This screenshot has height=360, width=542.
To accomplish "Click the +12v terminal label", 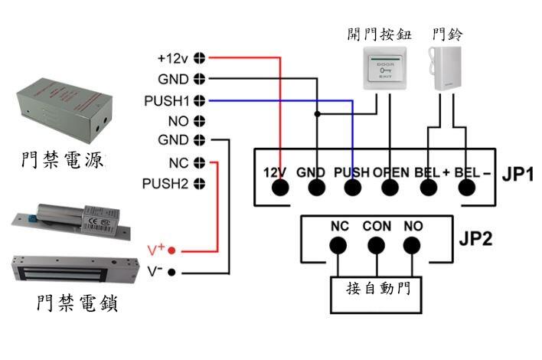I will click(x=174, y=57).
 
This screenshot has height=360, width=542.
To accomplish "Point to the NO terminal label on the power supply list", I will click(x=177, y=121).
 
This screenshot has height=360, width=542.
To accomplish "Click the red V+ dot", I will click(x=172, y=250).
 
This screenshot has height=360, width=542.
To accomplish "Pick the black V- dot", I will click(x=172, y=272).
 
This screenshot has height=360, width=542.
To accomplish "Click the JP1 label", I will click(x=518, y=173).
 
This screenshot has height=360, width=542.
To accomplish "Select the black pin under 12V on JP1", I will click(x=279, y=189).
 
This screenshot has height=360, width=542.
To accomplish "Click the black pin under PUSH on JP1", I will click(x=352, y=189).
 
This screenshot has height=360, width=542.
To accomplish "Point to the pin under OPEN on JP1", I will click(x=390, y=189).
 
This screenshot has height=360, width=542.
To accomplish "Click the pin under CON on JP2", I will click(x=375, y=246).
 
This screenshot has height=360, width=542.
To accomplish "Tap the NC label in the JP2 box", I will click(x=340, y=227).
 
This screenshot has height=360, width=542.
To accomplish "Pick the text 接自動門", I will click(x=377, y=289).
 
